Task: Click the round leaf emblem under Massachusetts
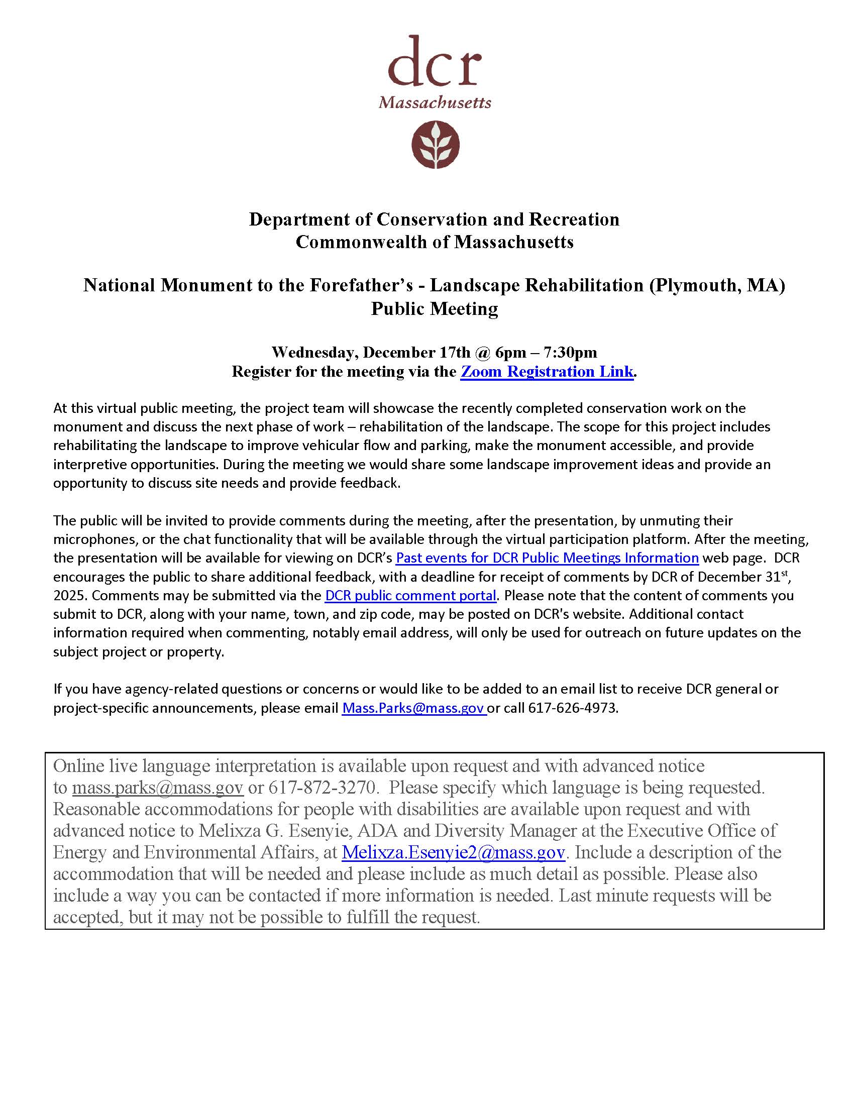pos(435,144)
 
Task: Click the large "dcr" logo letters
pos(435,62)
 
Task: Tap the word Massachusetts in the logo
pos(435,102)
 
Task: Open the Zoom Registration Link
pos(547,372)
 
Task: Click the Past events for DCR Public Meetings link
pos(547,558)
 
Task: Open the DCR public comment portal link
pos(410,595)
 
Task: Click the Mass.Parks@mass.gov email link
pos(413,708)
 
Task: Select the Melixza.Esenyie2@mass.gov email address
pos(453,852)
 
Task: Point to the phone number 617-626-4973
pos(573,708)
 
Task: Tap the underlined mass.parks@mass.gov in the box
pos(158,787)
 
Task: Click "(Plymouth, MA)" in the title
pos(717,285)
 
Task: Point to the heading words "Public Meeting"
pos(435,308)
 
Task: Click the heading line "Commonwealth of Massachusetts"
pos(435,242)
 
